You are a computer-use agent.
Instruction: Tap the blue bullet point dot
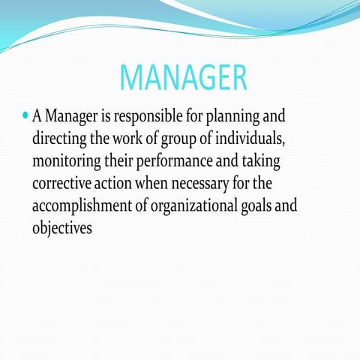click(x=25, y=117)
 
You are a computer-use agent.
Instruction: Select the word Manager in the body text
click(x=79, y=118)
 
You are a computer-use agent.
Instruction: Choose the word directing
click(x=62, y=141)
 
